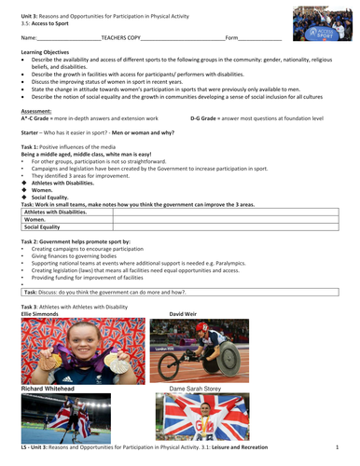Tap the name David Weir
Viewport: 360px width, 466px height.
171,315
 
